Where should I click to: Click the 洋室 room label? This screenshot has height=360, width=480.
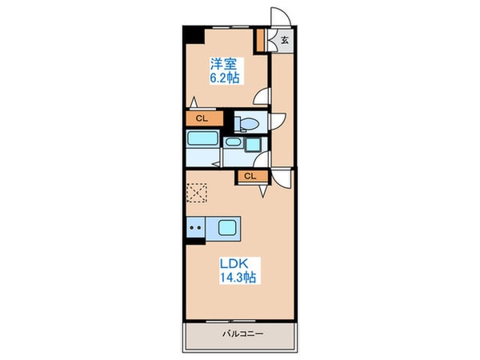tap(224, 64)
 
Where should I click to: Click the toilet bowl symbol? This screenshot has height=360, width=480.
tap(248, 122)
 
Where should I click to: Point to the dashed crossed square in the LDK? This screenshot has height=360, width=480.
tap(196, 194)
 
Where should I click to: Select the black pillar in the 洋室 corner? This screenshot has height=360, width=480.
tap(193, 34)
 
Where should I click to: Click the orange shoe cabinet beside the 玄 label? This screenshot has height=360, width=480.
tap(260, 39)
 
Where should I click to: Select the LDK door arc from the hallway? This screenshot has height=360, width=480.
tap(280, 180)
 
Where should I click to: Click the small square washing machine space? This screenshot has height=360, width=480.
tap(254, 145)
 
